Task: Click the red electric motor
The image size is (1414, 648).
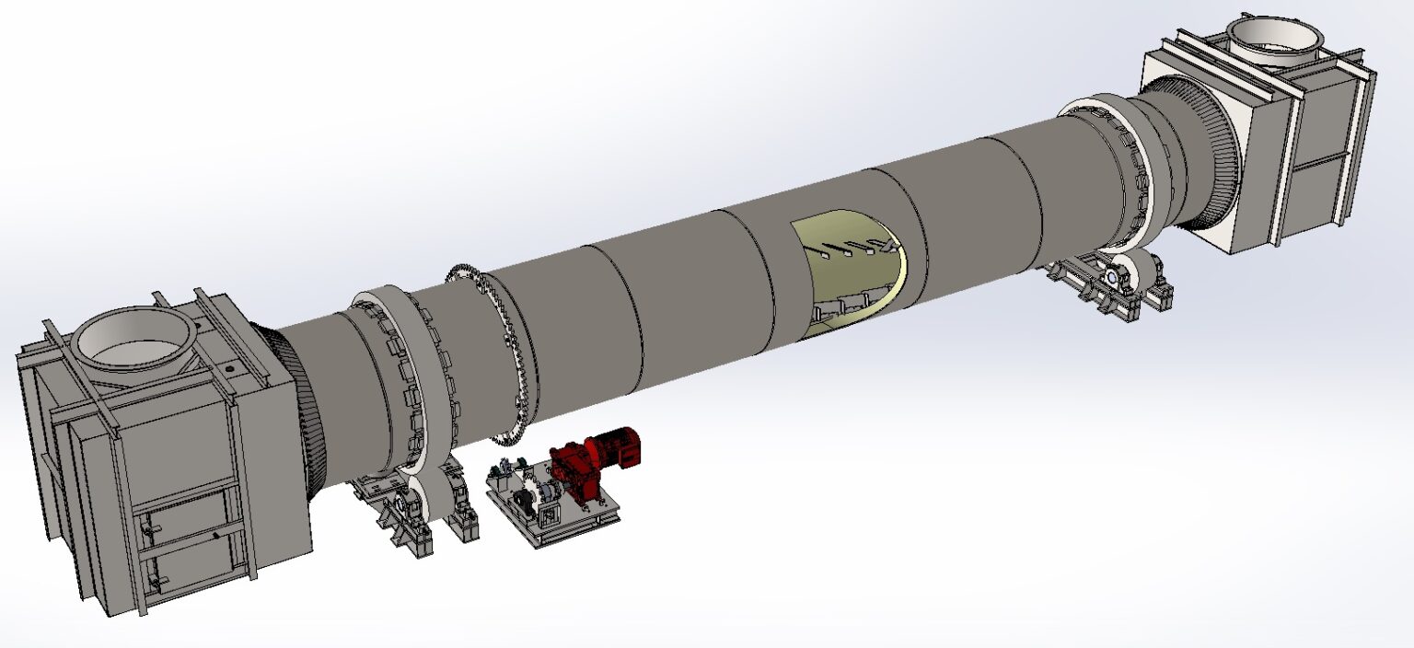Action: pyautogui.click(x=614, y=445)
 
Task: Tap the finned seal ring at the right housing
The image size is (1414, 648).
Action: pyautogui.click(x=1197, y=156)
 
